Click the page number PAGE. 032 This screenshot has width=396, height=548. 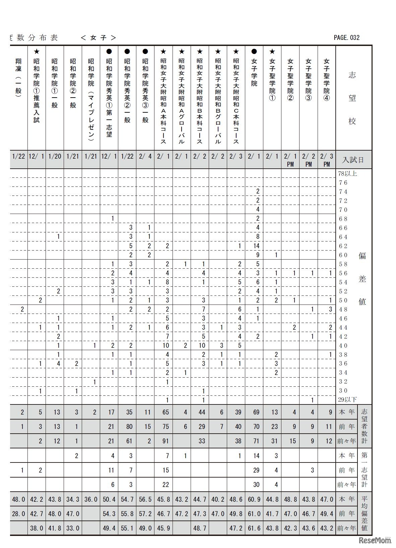click(x=346, y=38)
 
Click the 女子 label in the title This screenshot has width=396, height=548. click(x=98, y=38)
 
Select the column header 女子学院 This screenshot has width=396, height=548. click(x=254, y=72)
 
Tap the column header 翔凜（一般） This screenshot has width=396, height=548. click(x=18, y=78)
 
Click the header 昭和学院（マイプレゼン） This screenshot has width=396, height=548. click(x=91, y=99)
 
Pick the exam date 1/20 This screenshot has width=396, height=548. click(x=55, y=156)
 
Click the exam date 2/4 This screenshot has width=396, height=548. click(x=145, y=156)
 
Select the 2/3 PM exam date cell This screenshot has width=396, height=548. click(x=327, y=159)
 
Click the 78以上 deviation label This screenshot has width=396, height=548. click(x=347, y=173)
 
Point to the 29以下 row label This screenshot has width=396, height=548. click(x=347, y=399)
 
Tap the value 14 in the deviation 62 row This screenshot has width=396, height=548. click(x=256, y=246)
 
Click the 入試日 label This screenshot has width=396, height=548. click(x=352, y=160)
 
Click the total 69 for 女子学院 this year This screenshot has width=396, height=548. click(x=256, y=412)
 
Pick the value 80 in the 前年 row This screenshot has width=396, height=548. click(x=129, y=427)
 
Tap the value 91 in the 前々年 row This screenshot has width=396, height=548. click(x=166, y=441)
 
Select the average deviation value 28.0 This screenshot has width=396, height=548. click(x=18, y=513)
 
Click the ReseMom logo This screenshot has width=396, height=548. click(x=375, y=540)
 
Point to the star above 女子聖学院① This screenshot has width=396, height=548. click(x=272, y=52)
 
